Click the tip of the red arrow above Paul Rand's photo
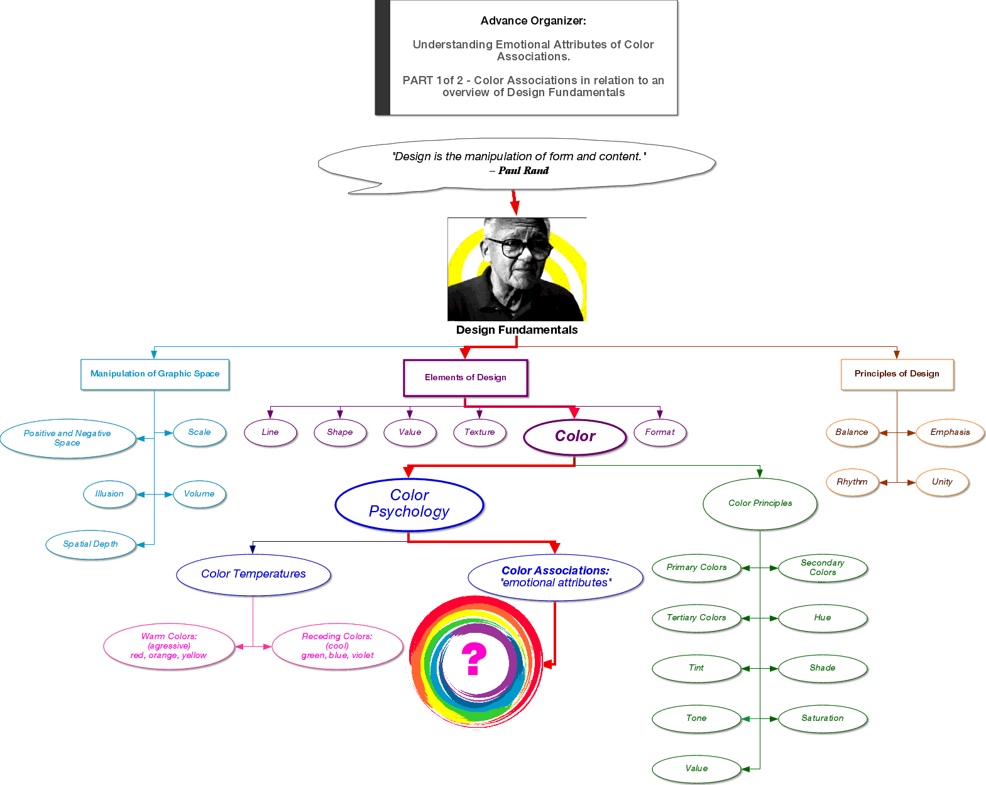515,216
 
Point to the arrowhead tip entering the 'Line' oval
270,418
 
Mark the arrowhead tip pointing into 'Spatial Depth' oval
137,544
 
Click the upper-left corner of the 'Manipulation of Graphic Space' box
81,360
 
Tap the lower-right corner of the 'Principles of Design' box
953,390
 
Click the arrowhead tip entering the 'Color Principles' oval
760,478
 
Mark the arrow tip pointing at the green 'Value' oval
742,769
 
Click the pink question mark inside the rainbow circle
474,659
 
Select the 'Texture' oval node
479,432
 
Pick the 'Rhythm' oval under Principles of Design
852,481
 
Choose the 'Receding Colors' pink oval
337,645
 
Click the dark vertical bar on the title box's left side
383,57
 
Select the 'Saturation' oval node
823,718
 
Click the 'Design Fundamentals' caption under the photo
517,329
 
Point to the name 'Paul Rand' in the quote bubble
523,170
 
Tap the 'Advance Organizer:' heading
533,21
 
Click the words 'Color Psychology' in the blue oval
409,503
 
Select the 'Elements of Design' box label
465,377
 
